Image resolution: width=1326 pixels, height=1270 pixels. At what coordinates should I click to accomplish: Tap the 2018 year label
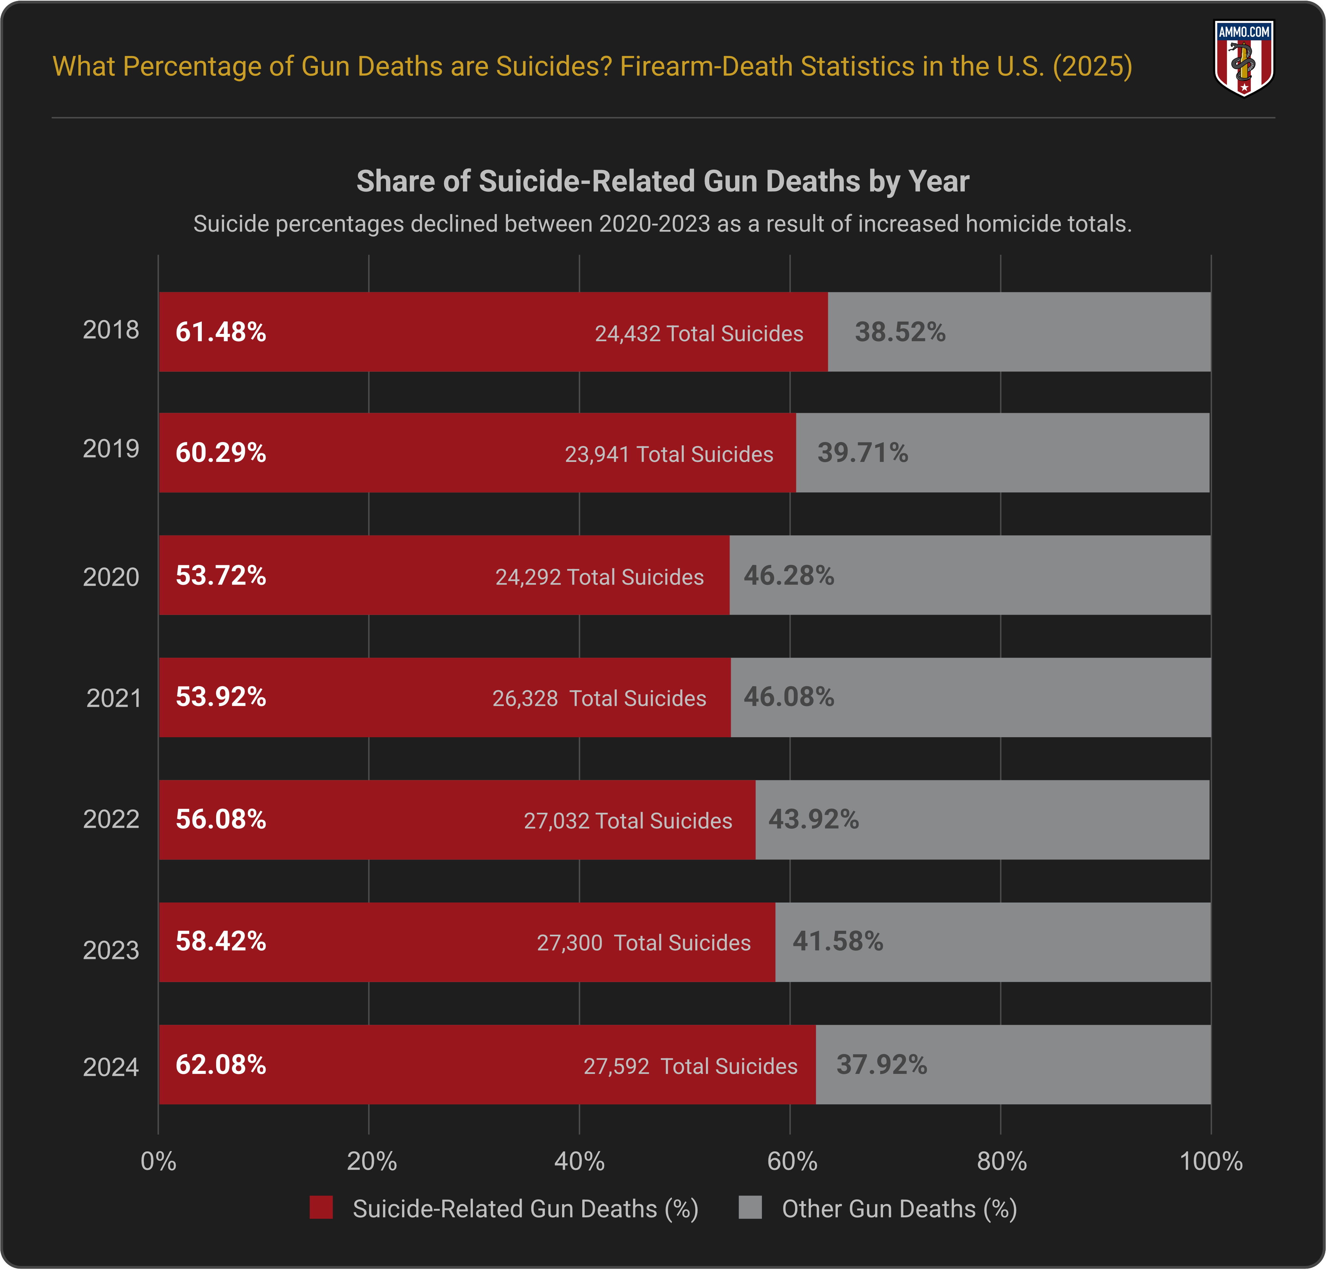tap(111, 330)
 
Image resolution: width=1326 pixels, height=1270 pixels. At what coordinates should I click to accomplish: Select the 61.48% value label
tap(220, 332)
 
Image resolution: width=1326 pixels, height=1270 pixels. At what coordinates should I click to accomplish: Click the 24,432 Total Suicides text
tap(699, 333)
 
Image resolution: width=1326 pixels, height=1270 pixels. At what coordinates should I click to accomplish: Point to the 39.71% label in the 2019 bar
tap(863, 452)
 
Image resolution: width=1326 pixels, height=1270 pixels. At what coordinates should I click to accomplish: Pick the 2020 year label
tap(111, 577)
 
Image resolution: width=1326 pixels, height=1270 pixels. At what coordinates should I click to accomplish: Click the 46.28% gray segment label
tap(789, 576)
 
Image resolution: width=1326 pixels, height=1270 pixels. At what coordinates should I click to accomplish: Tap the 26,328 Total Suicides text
tap(599, 698)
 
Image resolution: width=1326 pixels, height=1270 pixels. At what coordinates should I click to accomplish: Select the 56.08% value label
tap(220, 819)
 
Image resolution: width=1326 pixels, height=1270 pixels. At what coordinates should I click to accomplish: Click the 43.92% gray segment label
tap(813, 819)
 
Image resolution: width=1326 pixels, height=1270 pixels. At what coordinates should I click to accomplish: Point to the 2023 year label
tap(111, 950)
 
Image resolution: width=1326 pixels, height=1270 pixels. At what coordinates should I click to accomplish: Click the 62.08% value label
tap(220, 1065)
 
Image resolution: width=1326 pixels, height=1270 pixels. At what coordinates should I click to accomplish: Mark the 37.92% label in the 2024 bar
tap(882, 1065)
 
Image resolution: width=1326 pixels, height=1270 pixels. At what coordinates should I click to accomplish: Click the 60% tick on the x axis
tap(791, 1161)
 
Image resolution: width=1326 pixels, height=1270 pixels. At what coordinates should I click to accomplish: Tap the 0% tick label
tap(158, 1161)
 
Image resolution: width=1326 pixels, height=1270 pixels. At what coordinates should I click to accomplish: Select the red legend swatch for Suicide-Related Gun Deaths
tap(321, 1208)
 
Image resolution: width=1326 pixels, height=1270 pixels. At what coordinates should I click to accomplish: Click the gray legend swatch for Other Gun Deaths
tap(750, 1208)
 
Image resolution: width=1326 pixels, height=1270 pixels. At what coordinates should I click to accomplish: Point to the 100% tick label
tap(1210, 1161)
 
